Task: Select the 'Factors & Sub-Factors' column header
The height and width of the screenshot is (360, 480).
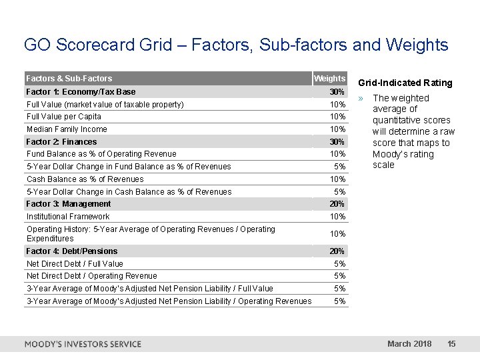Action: pos(69,79)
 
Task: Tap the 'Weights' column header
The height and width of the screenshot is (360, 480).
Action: pos(329,79)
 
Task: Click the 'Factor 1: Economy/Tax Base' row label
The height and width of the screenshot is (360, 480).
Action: pos(81,91)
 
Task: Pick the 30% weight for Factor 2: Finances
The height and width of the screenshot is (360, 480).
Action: pos(337,141)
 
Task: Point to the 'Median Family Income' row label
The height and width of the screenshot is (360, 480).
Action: pos(67,129)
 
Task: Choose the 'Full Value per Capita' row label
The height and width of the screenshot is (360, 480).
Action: pos(64,117)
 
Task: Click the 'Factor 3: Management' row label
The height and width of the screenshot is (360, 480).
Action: pos(69,204)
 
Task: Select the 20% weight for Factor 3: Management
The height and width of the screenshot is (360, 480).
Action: pos(337,204)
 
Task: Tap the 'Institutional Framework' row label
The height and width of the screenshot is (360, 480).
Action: pos(68,217)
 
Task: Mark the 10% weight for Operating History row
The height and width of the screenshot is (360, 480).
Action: pos(337,234)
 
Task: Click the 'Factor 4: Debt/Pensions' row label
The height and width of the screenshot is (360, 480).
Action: pos(72,251)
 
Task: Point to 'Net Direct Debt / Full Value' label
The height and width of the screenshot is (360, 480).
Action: pos(75,263)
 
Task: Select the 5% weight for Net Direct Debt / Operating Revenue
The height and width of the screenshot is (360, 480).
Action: pos(339,276)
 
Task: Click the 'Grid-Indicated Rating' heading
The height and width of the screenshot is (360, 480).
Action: pos(405,83)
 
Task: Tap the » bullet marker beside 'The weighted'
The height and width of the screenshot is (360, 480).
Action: pos(361,98)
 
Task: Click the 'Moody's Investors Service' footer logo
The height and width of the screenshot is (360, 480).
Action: pos(83,344)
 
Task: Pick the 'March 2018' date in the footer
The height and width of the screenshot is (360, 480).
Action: pos(409,344)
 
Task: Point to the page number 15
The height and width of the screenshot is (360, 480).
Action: pos(451,344)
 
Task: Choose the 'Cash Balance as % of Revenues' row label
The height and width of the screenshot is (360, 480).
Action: pos(85,179)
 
